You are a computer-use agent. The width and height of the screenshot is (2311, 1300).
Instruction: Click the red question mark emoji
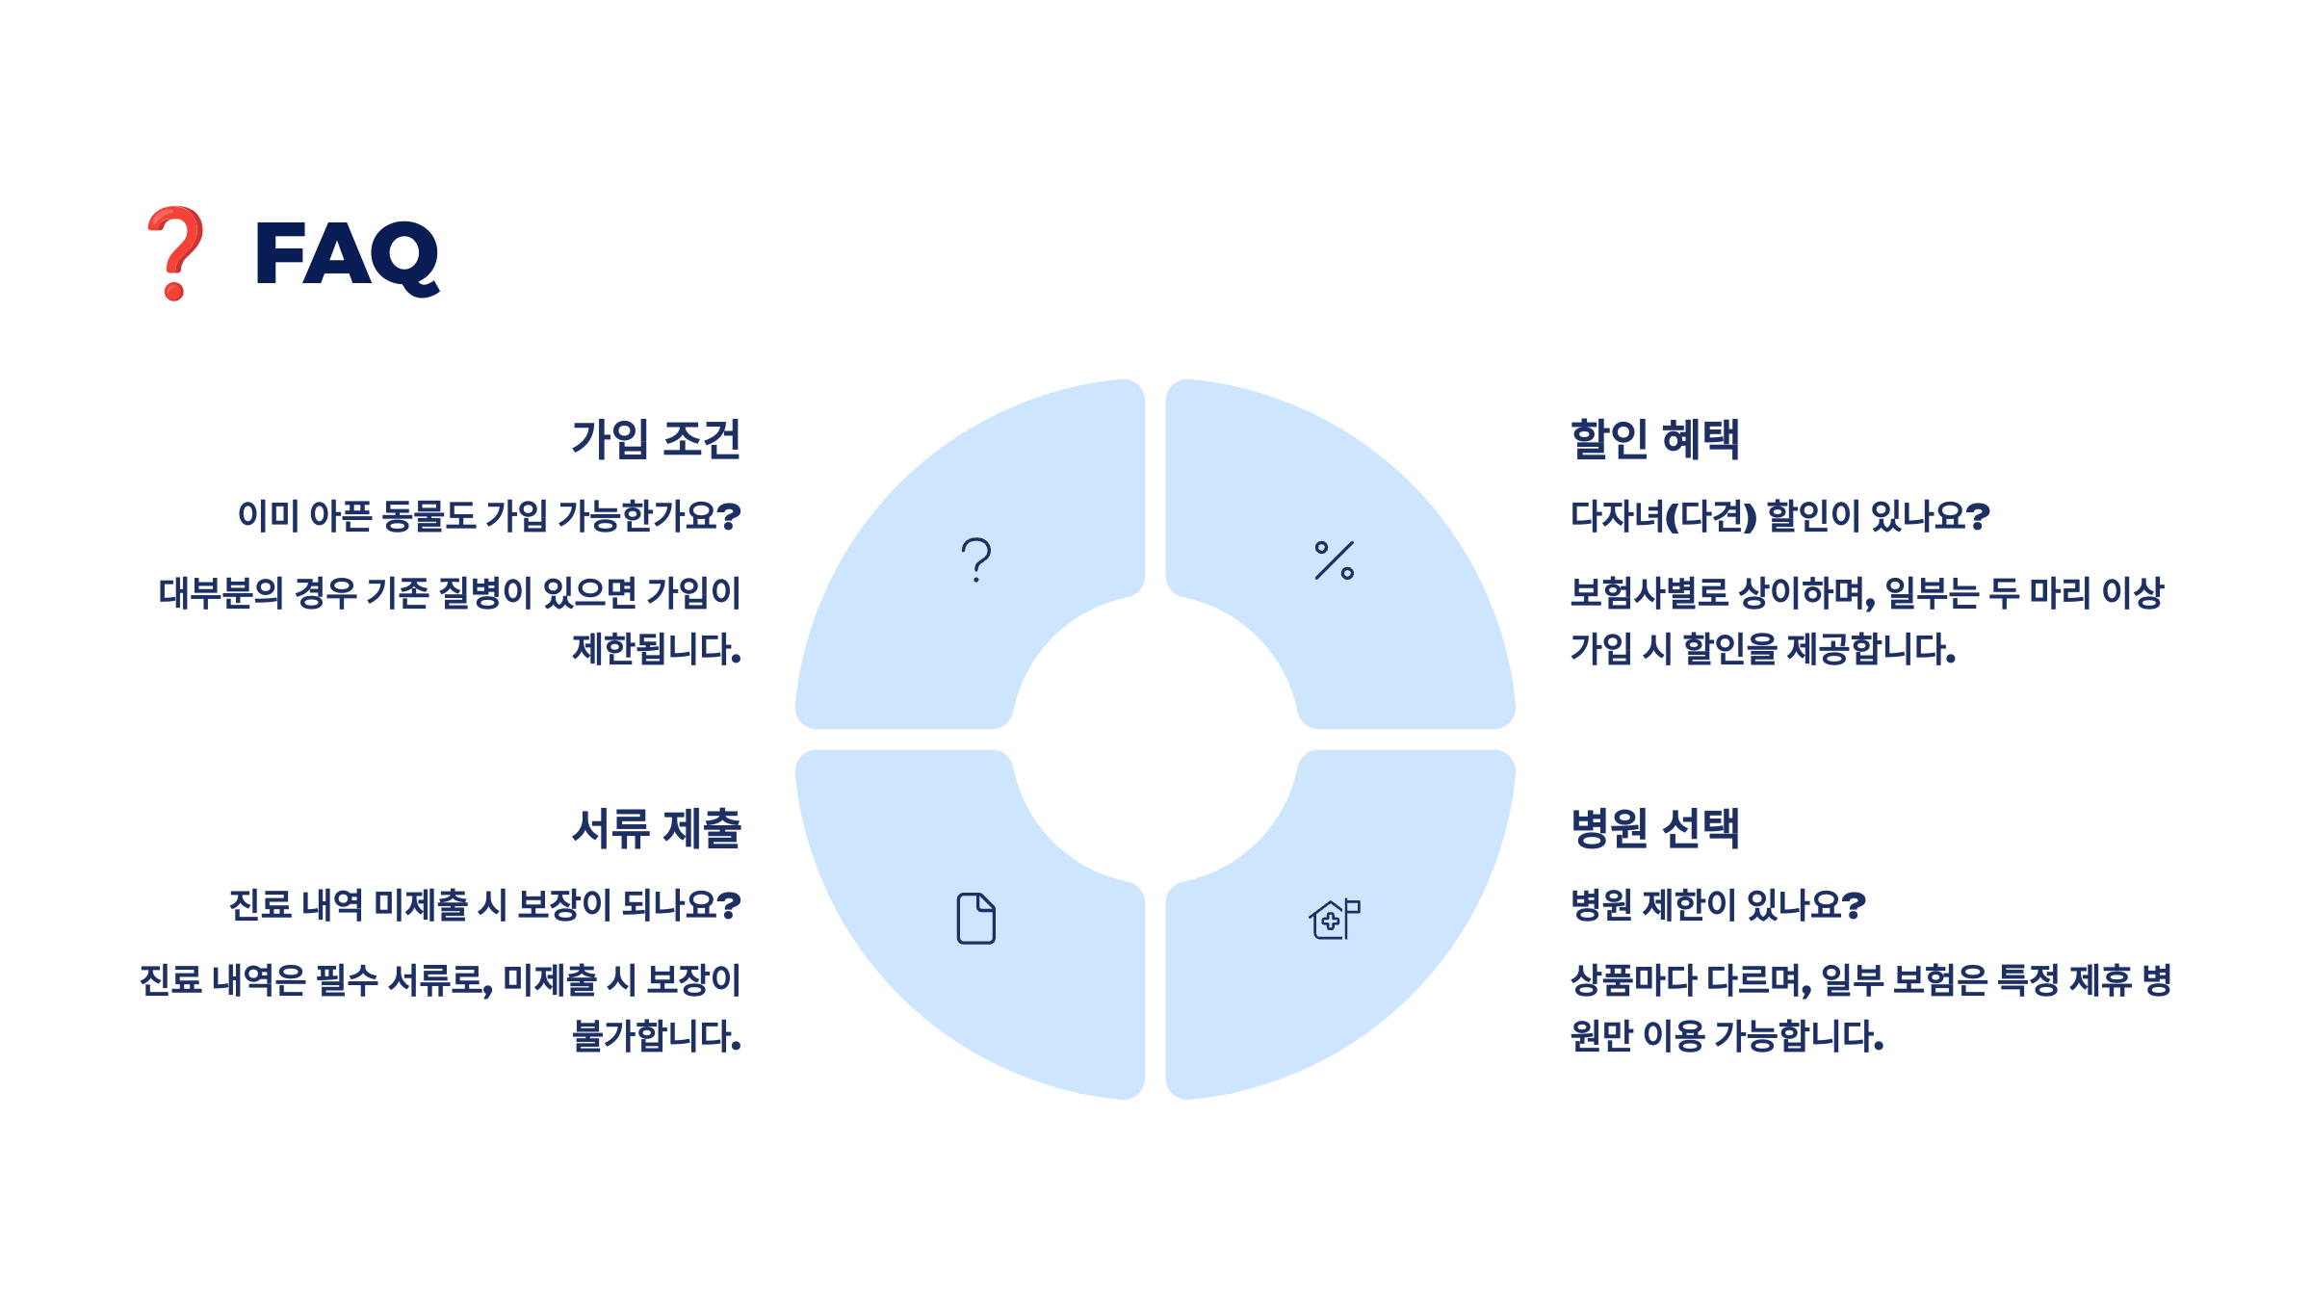coord(175,252)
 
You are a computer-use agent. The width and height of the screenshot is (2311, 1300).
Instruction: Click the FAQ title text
coord(347,254)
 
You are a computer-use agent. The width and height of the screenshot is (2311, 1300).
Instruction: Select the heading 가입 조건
coord(656,439)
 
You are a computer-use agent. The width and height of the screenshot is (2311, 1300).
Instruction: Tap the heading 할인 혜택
coord(1654,439)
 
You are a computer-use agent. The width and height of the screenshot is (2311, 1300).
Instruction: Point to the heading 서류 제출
coord(656,828)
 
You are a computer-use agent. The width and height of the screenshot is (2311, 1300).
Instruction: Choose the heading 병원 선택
coord(1654,828)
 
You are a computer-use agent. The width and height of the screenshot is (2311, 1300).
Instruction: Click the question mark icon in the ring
coord(976,559)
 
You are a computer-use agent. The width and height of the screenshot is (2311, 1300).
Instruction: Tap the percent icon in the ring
coord(1335,559)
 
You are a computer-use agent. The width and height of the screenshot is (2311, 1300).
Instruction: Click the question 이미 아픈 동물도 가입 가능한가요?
coord(489,516)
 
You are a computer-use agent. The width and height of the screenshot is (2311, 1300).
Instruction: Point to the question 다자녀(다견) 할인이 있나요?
coord(1779,516)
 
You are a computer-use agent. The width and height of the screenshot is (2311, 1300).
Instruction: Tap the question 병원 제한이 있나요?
coord(1718,904)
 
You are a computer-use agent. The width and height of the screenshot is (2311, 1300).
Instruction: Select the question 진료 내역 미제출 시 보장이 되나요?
coord(484,904)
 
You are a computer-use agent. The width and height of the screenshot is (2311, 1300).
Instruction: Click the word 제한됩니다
coord(656,649)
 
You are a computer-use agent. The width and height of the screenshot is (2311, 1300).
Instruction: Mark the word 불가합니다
coord(656,1036)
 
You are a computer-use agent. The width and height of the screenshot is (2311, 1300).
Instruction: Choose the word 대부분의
coord(221,593)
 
